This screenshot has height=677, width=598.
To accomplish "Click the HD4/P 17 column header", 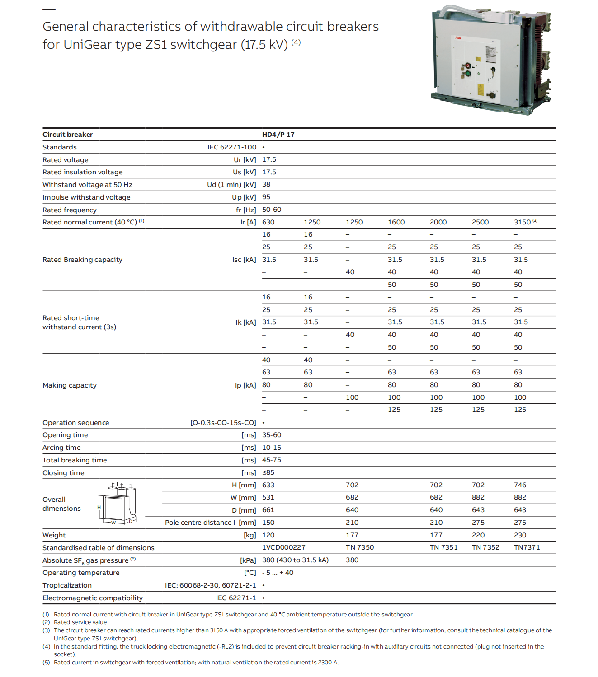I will click(278, 135).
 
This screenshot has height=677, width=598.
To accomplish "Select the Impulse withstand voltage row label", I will click(86, 197).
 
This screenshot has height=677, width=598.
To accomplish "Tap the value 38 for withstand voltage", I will click(266, 184).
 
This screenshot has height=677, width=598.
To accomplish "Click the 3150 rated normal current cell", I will click(523, 222).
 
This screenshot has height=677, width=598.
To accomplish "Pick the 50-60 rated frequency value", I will click(272, 210).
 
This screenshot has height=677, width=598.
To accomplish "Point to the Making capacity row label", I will click(70, 385).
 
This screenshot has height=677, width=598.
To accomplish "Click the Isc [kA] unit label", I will click(244, 260).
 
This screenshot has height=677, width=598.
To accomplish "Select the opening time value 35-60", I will click(272, 435).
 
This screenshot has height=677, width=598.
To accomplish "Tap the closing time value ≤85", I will click(268, 472).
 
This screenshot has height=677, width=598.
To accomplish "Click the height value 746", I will click(520, 485).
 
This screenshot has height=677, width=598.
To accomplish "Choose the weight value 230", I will click(520, 535).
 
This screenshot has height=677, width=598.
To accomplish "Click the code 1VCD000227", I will click(284, 547).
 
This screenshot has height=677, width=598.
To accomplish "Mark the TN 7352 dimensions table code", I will click(485, 547).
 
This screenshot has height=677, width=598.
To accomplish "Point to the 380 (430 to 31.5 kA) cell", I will click(295, 560).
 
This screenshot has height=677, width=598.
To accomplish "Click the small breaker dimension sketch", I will click(117, 504).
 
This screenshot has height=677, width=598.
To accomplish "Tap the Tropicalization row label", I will click(67, 585).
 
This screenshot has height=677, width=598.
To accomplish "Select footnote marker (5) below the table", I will click(46, 663).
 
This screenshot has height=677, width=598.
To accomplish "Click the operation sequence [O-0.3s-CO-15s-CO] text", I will click(223, 423).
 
